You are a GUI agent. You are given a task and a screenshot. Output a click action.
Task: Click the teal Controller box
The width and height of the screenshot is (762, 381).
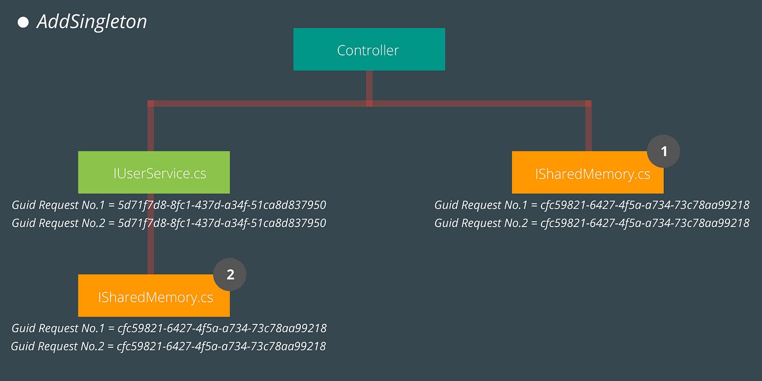pyautogui.click(x=369, y=49)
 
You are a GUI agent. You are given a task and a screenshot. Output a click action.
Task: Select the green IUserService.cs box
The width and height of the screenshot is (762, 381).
pyautogui.click(x=154, y=173)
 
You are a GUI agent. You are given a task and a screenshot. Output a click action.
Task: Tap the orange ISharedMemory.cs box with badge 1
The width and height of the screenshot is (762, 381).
pyautogui.click(x=587, y=173)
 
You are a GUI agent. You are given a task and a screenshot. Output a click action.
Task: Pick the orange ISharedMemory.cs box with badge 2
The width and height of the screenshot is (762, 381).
pyautogui.click(x=154, y=296)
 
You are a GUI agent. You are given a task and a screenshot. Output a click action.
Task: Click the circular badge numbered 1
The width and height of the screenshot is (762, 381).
pyautogui.click(x=664, y=152)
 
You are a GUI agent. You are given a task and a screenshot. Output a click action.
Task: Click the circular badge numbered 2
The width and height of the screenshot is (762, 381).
pyautogui.click(x=230, y=274)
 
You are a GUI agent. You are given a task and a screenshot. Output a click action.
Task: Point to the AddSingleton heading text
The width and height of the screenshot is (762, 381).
pyautogui.click(x=91, y=22)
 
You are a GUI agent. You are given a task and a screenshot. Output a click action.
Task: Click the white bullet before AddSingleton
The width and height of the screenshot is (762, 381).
pyautogui.click(x=23, y=22)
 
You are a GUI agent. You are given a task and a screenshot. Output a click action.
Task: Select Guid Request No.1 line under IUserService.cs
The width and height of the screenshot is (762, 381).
pyautogui.click(x=169, y=205)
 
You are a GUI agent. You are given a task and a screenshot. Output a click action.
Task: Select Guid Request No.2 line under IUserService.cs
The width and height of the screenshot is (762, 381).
pyautogui.click(x=169, y=223)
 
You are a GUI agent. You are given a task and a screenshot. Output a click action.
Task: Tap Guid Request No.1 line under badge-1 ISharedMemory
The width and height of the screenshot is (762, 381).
pyautogui.click(x=591, y=205)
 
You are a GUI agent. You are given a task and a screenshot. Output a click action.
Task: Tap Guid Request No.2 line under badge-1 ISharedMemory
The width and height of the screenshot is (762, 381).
pyautogui.click(x=591, y=223)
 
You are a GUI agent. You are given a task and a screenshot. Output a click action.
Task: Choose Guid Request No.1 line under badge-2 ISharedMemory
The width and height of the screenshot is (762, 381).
pyautogui.click(x=169, y=328)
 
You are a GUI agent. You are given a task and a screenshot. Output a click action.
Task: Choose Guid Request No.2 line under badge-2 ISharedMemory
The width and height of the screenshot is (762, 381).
pyautogui.click(x=168, y=346)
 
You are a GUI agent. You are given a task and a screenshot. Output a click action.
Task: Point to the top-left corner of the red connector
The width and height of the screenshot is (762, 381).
pyautogui.click(x=150, y=103)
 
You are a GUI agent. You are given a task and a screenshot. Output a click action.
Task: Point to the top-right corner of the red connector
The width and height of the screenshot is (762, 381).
pyautogui.click(x=588, y=103)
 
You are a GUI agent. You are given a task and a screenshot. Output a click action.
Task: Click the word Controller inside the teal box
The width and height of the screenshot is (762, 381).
pyautogui.click(x=368, y=50)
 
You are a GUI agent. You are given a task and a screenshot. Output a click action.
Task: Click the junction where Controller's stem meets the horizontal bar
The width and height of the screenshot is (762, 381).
pyautogui.click(x=369, y=103)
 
